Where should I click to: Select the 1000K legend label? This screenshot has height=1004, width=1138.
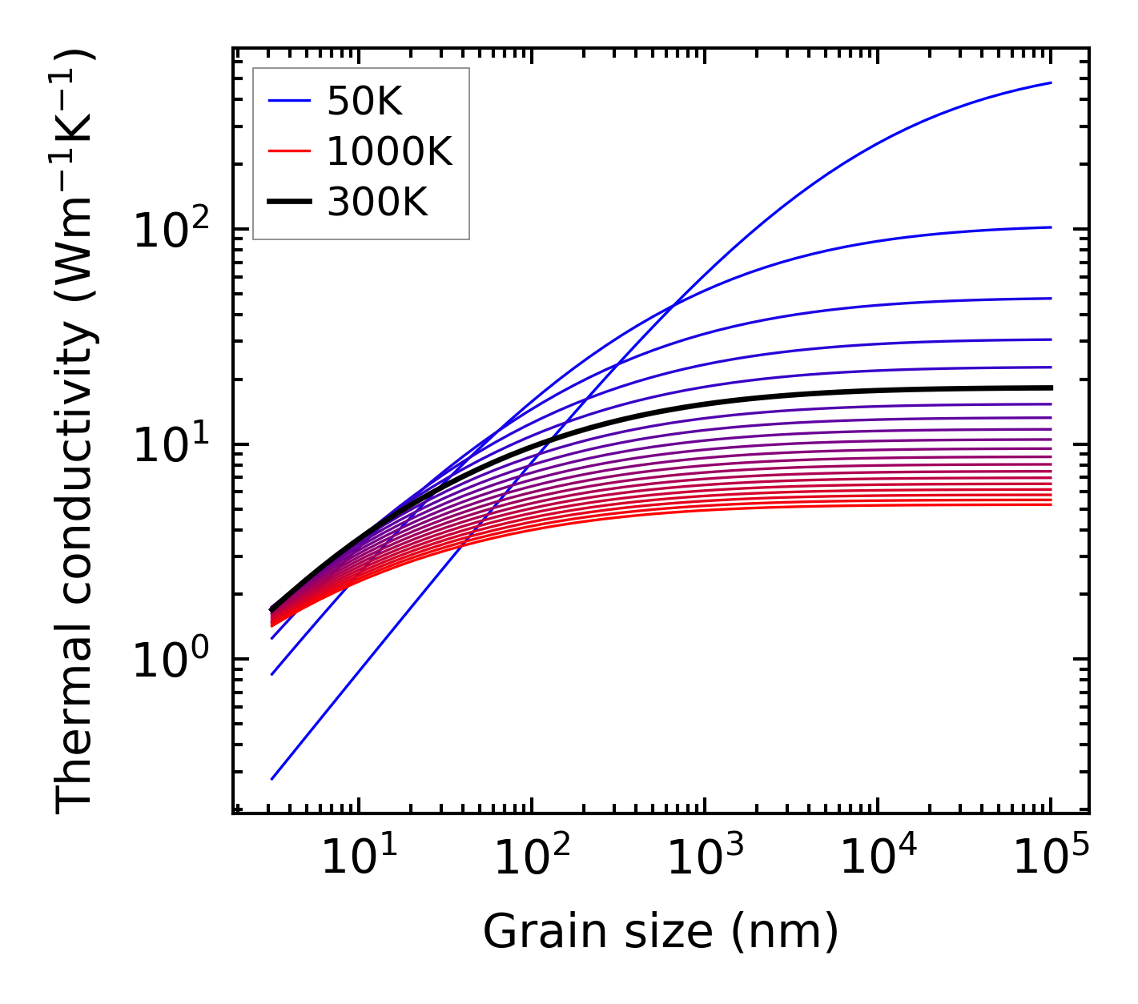tap(389, 151)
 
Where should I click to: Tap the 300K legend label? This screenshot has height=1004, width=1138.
tap(377, 203)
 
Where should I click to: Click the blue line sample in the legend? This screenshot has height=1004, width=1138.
tap(289, 101)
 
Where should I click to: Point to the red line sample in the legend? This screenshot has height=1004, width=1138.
tap(289, 151)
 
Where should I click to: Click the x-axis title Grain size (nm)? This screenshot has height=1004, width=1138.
tap(661, 932)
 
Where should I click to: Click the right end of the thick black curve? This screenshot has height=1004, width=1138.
tap(1050, 388)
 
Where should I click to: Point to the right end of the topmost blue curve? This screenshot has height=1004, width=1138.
tap(1050, 82)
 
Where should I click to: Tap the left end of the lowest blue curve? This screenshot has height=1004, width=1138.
tap(272, 778)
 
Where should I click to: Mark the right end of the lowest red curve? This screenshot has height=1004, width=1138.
tap(1050, 504)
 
